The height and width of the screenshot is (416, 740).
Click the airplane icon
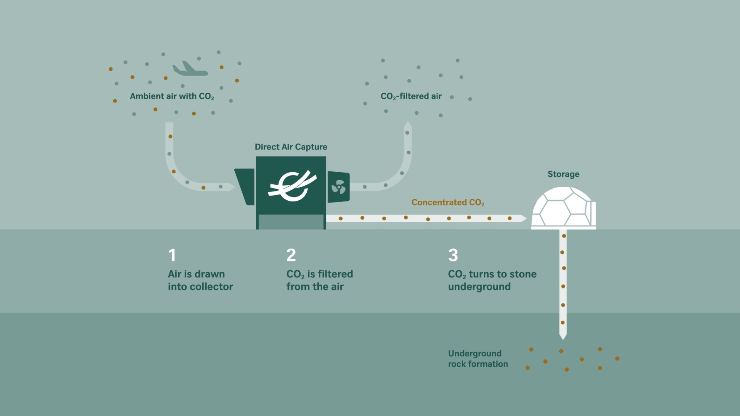(x=190, y=69)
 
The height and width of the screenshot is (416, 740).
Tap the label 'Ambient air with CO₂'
(x=172, y=96)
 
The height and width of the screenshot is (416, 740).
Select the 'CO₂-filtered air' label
(x=411, y=96)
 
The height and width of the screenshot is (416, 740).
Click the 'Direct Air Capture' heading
(x=291, y=147)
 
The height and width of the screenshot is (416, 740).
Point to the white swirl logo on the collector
(x=292, y=186)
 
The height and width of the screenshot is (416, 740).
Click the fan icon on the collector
(x=338, y=187)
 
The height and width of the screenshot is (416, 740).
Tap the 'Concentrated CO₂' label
(x=447, y=203)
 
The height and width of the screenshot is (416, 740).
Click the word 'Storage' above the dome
(x=563, y=174)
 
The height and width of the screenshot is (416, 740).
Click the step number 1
(x=172, y=255)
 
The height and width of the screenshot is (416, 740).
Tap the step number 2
(x=291, y=255)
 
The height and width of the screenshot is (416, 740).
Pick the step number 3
(x=453, y=255)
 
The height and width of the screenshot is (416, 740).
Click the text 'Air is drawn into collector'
(x=200, y=280)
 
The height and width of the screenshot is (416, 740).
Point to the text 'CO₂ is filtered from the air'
(x=319, y=280)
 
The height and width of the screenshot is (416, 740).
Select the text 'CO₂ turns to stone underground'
(x=492, y=280)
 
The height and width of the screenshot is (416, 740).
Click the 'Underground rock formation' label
(x=478, y=359)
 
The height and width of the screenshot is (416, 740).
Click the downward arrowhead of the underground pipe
(x=563, y=337)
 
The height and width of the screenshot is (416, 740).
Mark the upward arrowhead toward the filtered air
(x=408, y=126)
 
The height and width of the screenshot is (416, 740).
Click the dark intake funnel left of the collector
(x=246, y=186)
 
